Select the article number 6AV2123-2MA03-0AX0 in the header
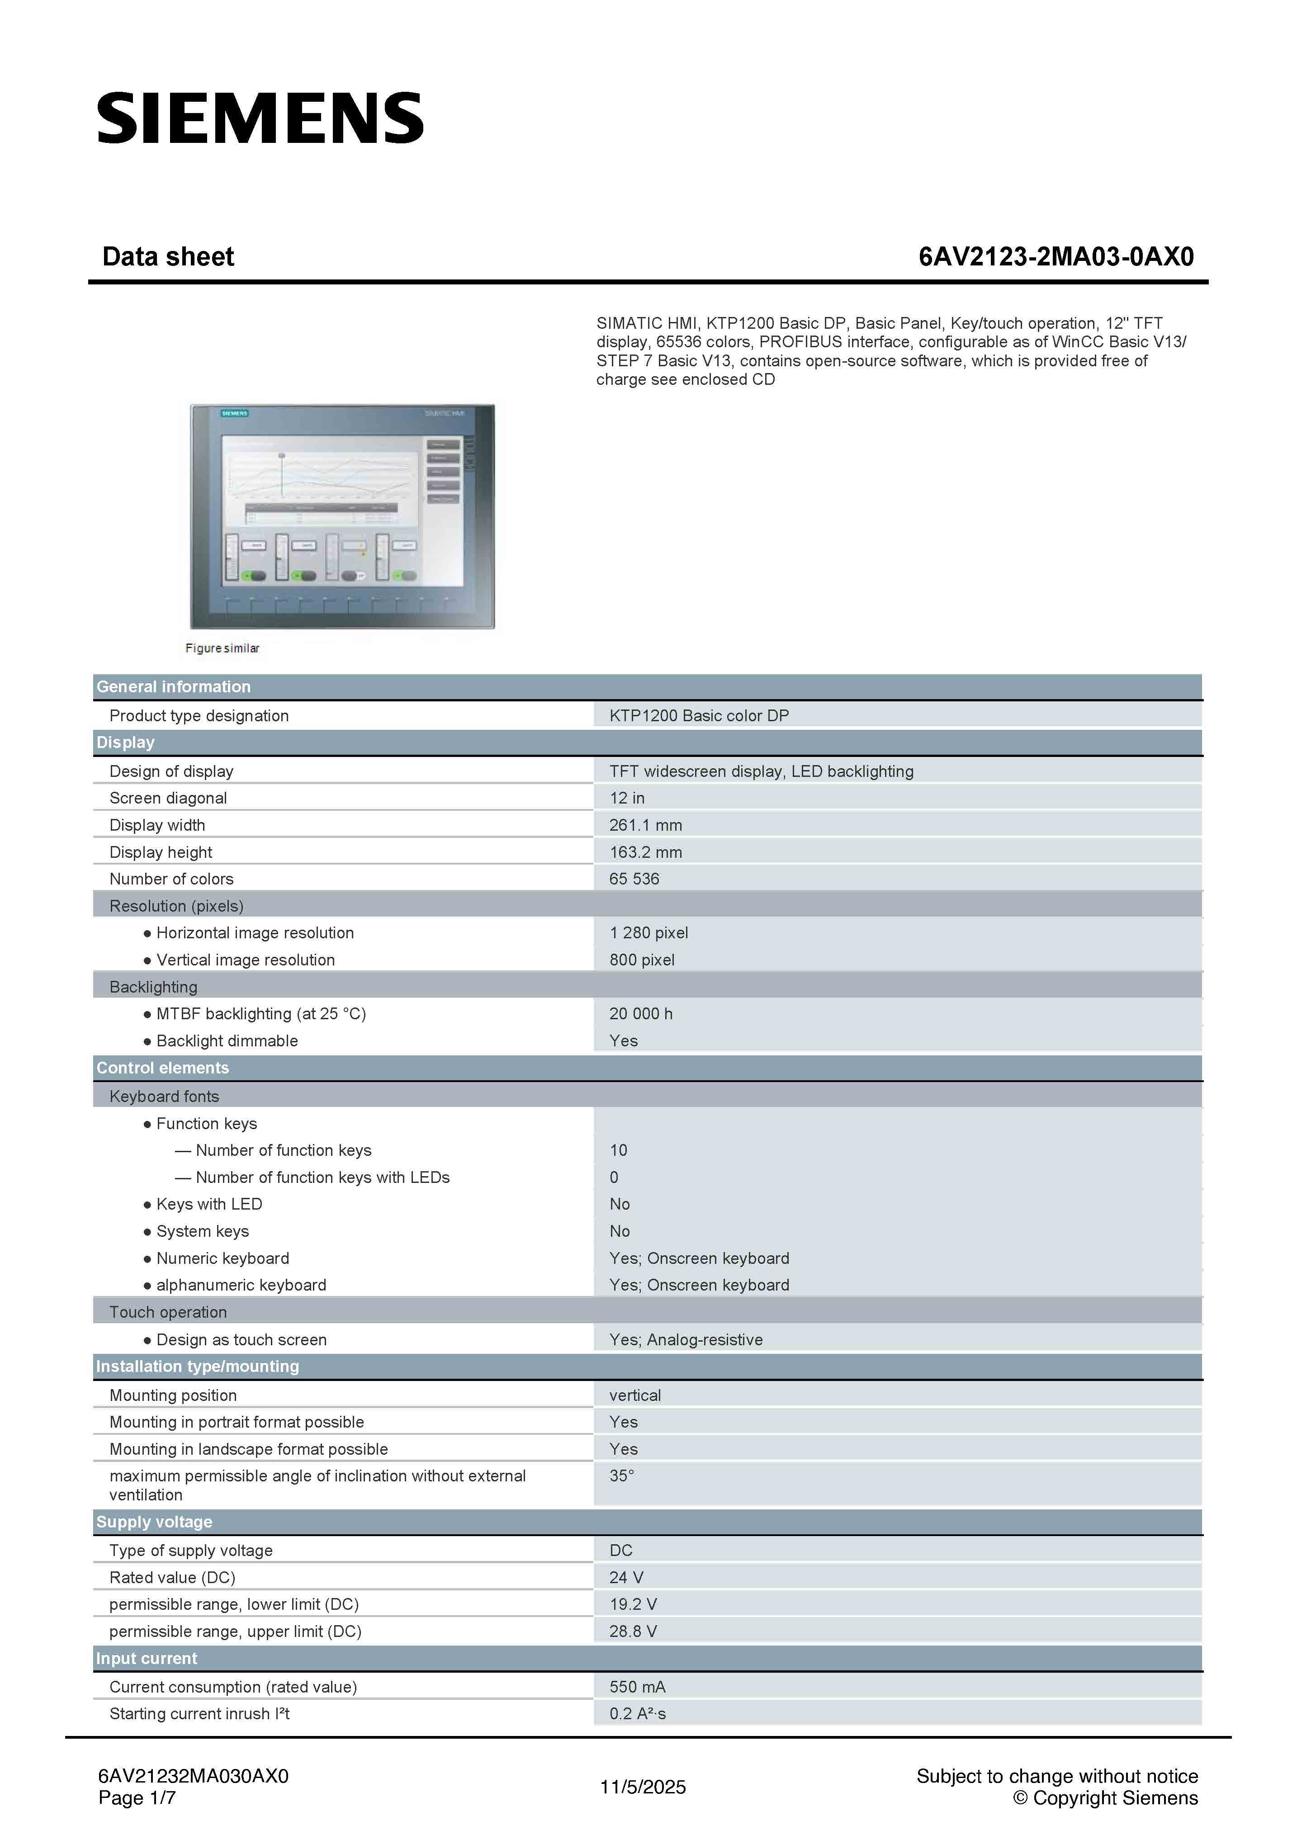[1056, 256]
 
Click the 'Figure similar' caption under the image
[222, 648]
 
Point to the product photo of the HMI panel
[342, 516]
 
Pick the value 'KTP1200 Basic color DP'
[698, 715]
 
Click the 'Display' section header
[125, 743]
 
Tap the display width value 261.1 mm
[645, 825]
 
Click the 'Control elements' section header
[162, 1068]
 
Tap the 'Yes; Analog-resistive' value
[686, 1339]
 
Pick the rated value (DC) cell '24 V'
[626, 1577]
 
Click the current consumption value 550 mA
[637, 1686]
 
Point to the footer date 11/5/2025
[643, 1787]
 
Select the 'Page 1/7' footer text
[137, 1797]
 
